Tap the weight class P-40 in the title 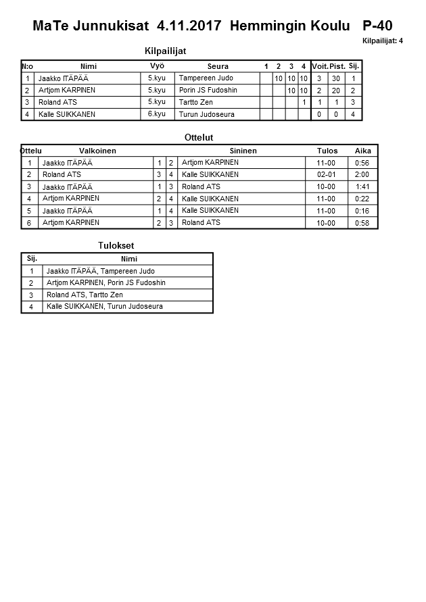[377, 26]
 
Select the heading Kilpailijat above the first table [166, 51]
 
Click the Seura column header [218, 66]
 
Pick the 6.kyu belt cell [157, 114]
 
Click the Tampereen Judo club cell [206, 78]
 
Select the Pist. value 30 [335, 78]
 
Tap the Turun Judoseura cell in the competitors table [207, 114]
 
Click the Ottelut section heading [199, 137]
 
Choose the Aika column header [363, 151]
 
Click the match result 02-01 [326, 174]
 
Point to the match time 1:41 [363, 186]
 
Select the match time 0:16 [363, 211]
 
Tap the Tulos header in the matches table [327, 151]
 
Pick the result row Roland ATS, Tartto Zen [85, 295]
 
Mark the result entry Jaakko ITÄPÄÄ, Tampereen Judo [100, 271]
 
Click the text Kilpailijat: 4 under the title [383, 41]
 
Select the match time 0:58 [363, 223]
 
